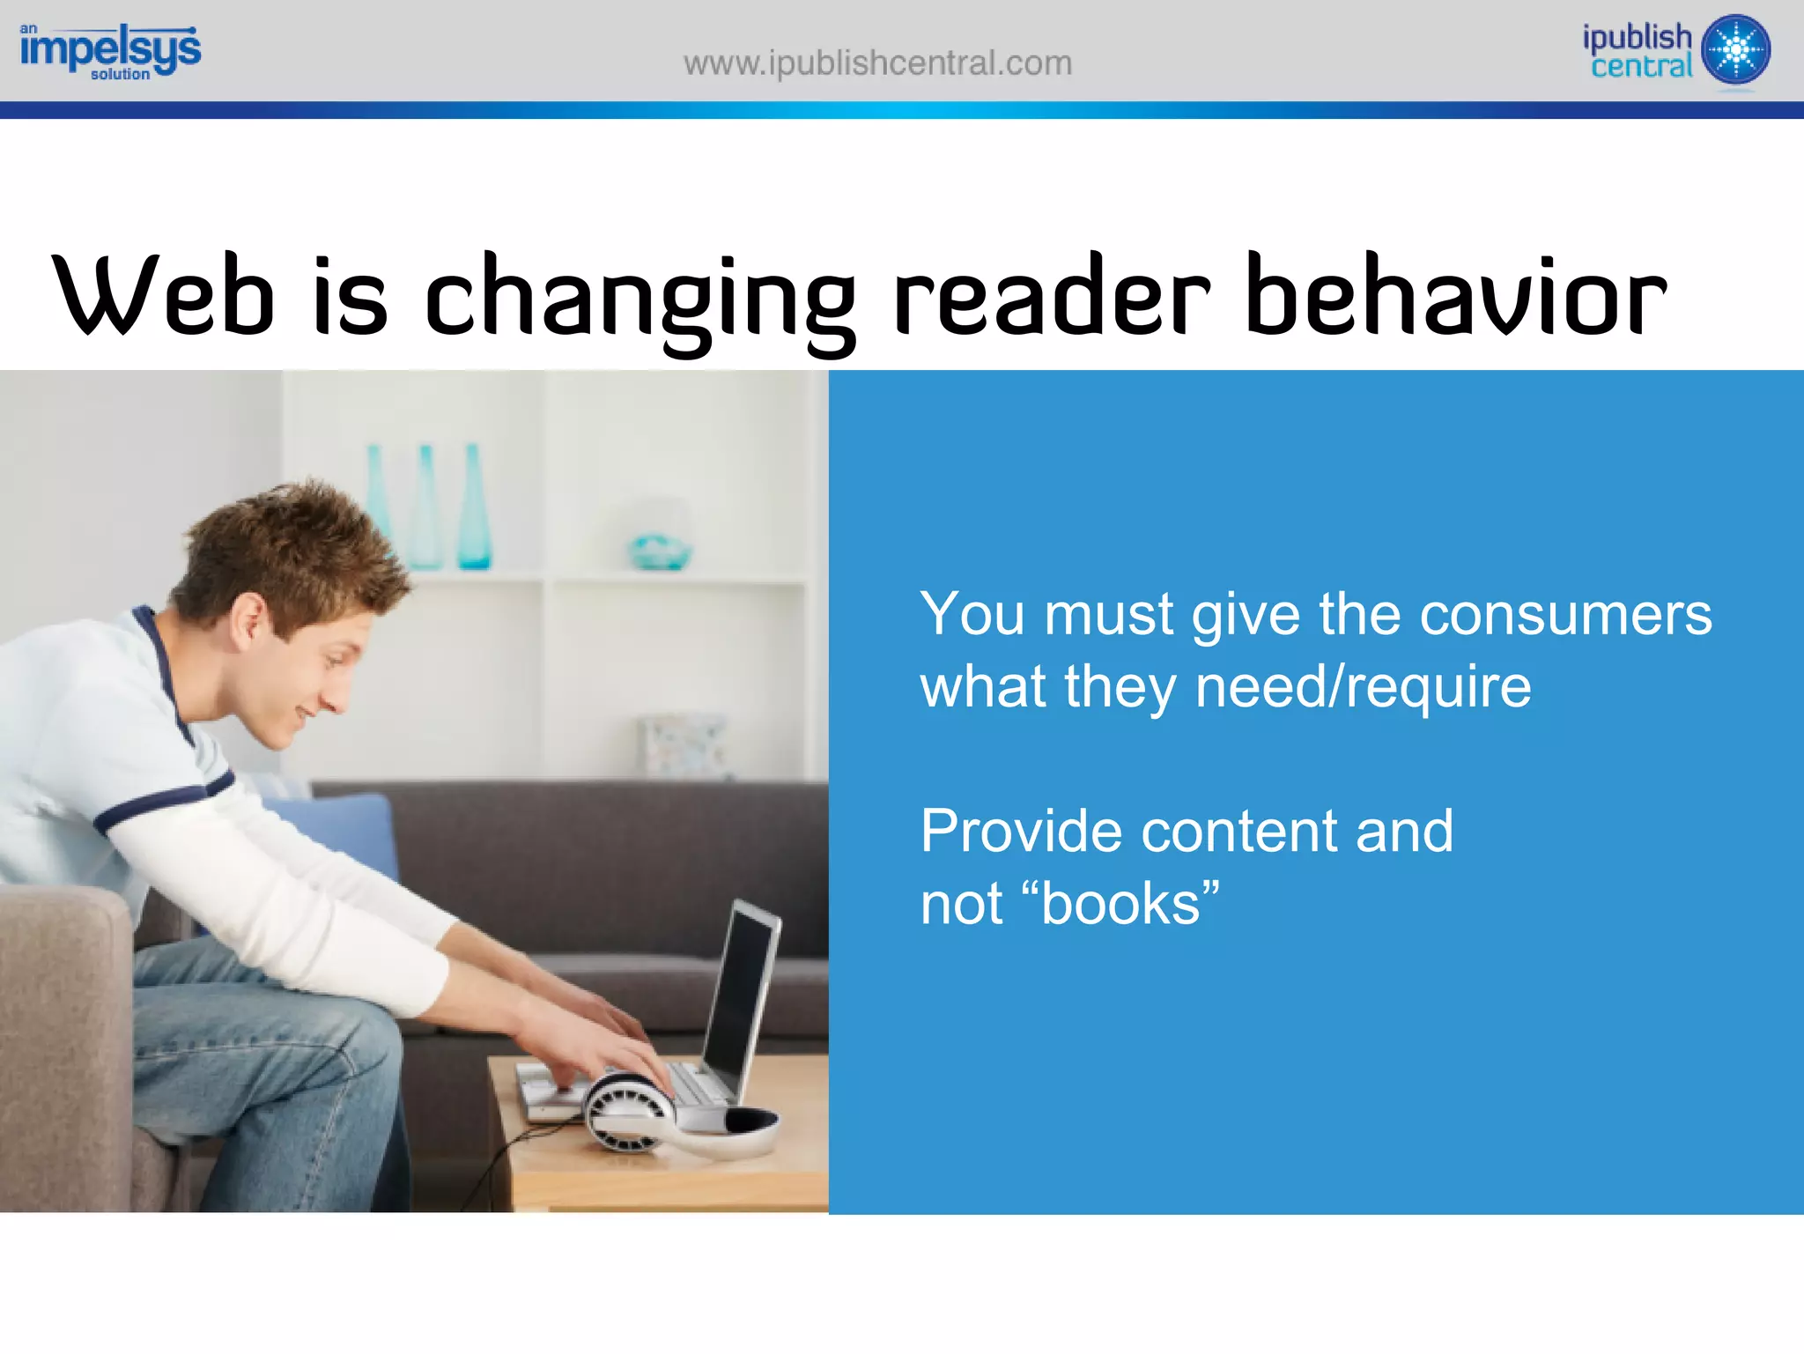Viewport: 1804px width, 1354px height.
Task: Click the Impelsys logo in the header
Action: [110, 51]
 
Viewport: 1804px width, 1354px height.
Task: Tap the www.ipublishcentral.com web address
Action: [877, 63]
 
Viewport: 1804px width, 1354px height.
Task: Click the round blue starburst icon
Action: [1735, 49]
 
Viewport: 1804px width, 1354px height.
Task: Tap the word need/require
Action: [1363, 687]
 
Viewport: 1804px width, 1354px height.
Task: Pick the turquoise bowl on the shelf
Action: [660, 551]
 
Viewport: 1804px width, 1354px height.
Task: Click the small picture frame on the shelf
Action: [683, 745]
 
